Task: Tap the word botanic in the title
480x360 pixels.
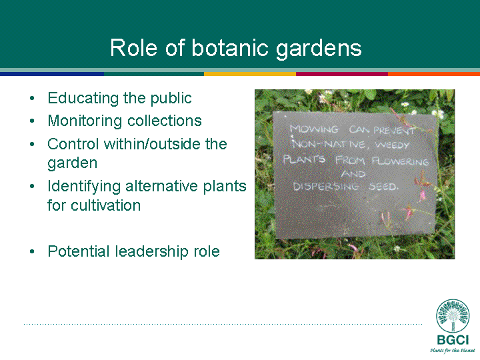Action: click(230, 48)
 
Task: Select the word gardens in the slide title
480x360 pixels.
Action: click(319, 49)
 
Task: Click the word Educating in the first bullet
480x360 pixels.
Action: click(83, 99)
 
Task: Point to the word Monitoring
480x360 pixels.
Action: click(85, 121)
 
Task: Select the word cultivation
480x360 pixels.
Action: click(105, 205)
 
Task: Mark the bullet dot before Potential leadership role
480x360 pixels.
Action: click(32, 251)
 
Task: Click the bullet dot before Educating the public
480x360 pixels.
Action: click(32, 98)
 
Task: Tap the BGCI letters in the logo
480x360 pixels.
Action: click(453, 340)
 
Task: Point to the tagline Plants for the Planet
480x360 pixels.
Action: click(453, 350)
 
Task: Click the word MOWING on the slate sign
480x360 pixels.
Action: click(315, 129)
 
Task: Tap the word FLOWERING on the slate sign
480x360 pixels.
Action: click(401, 161)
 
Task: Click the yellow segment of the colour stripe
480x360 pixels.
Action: click(250, 74)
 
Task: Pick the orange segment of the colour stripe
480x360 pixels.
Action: click(434, 74)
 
